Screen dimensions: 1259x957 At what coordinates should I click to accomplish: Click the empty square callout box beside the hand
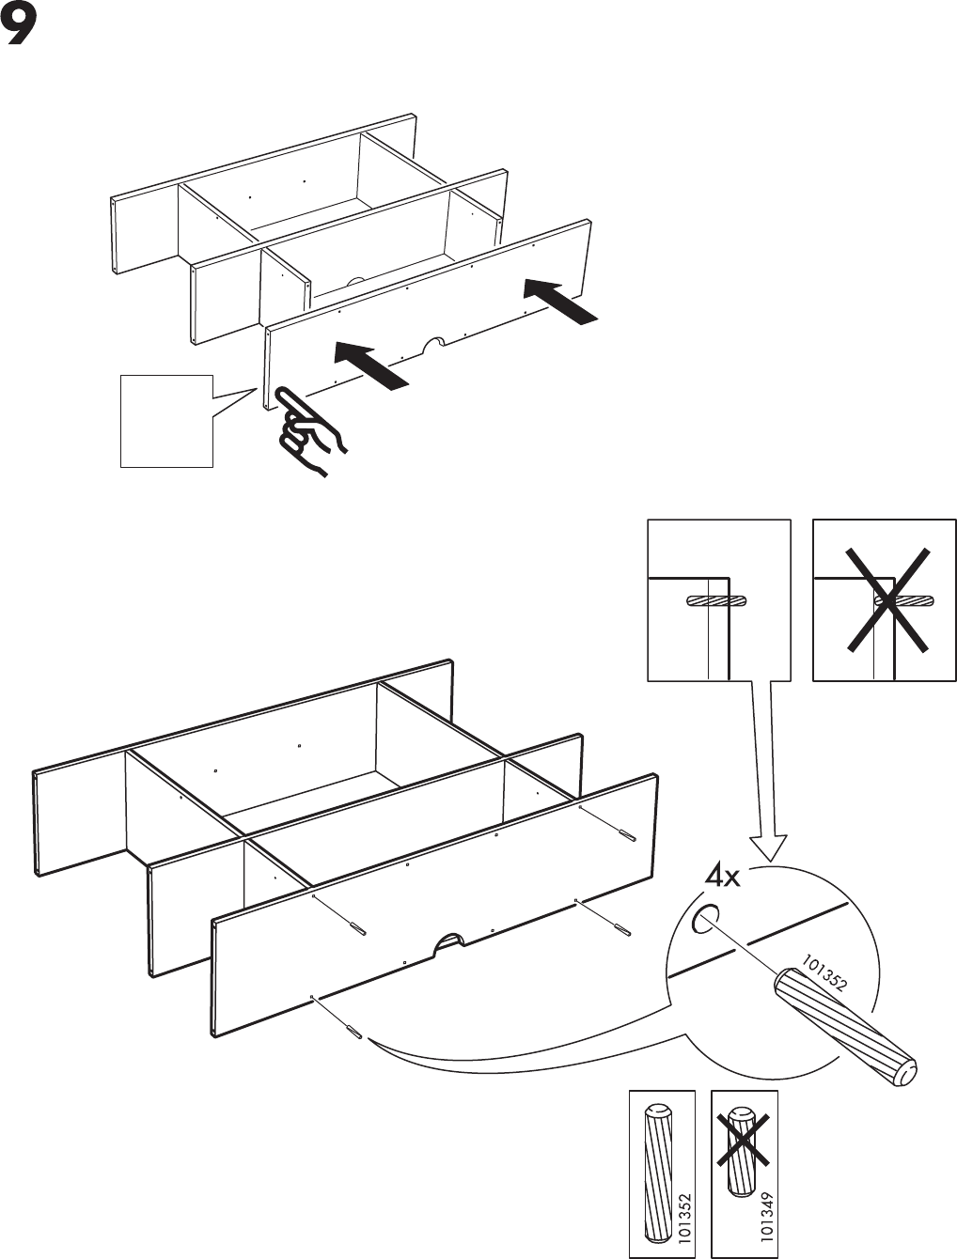tap(166, 420)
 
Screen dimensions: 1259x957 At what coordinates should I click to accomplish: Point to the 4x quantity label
tap(723, 878)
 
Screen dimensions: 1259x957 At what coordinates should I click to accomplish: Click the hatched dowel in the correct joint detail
tap(716, 601)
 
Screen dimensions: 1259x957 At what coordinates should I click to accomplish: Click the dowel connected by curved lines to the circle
tap(354, 1030)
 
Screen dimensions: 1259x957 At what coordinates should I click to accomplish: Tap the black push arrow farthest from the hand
tap(560, 301)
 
